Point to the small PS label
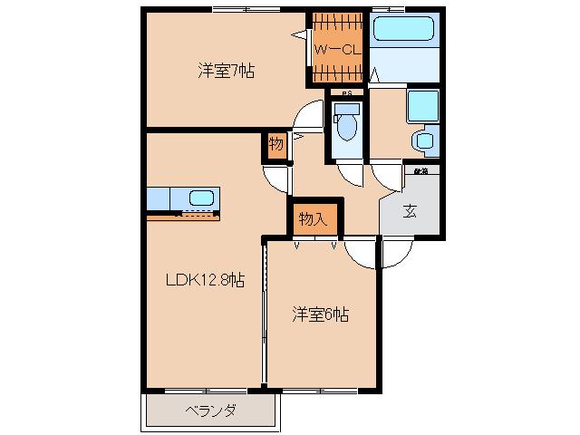pos(346,92)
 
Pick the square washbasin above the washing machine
pos(421,106)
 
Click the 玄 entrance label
pos(410,211)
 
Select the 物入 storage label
pos(313,218)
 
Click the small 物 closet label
pos(275,144)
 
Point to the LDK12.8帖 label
pos(204,282)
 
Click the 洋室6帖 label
pos(320,314)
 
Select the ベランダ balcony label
pos(211,411)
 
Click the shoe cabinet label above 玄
pos(420,170)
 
